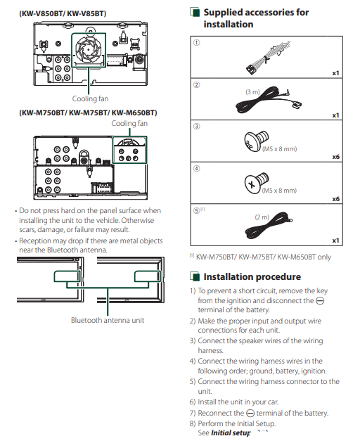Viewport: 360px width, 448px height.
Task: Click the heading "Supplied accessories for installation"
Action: point(256,18)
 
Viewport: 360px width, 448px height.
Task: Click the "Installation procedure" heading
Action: point(252,276)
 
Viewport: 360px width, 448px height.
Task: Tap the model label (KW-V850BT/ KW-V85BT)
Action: point(63,13)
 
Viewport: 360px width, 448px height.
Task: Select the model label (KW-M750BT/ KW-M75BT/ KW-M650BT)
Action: point(88,113)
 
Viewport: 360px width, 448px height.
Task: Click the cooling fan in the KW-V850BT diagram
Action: point(89,50)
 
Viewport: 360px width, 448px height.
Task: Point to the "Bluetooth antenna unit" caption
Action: point(108,320)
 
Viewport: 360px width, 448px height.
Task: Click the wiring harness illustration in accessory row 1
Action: point(267,58)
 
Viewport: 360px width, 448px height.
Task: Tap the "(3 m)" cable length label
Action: point(252,92)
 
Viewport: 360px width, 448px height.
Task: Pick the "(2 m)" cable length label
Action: point(262,217)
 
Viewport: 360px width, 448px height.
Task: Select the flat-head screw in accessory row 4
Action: point(256,183)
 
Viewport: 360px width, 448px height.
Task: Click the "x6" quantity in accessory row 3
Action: point(335,157)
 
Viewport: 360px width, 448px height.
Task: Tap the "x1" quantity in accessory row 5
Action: point(335,241)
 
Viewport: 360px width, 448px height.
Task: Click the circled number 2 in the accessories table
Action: point(197,85)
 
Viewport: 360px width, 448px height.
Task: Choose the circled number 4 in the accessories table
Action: point(197,169)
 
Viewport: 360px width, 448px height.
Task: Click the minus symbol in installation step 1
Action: point(320,301)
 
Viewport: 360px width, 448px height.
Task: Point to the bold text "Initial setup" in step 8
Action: point(231,433)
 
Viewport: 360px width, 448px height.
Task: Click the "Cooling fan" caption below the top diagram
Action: point(90,99)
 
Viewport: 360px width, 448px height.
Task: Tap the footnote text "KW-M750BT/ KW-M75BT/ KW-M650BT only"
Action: point(264,257)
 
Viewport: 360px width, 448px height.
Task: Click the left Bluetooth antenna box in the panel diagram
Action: point(67,276)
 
